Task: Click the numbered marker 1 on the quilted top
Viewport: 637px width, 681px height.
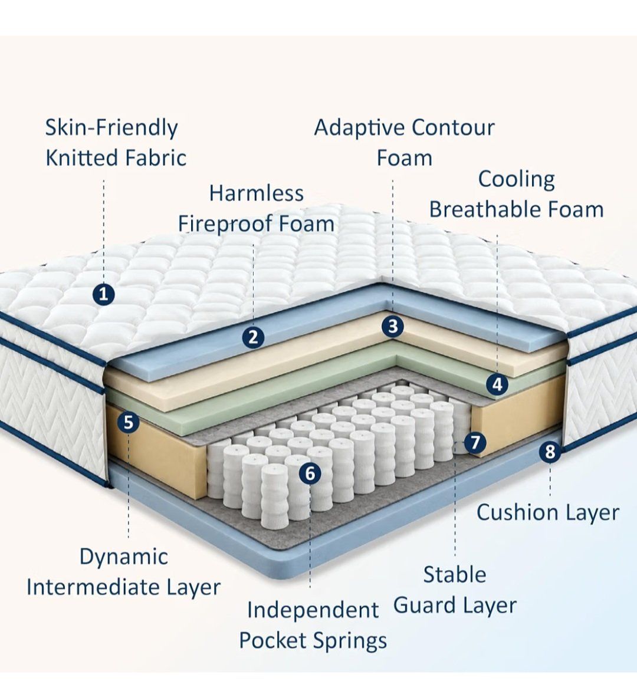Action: tap(103, 294)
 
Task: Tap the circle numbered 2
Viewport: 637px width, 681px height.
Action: tap(253, 337)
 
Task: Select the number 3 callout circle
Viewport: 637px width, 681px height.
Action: tap(393, 326)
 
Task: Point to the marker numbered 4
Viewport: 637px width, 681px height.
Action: tap(497, 384)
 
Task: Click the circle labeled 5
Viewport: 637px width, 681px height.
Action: tap(128, 422)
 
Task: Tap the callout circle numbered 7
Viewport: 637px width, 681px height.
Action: tap(475, 443)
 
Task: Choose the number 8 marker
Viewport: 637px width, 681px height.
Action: tap(550, 451)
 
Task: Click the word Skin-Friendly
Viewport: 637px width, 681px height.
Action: tap(111, 128)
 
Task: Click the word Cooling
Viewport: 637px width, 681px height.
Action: tap(516, 180)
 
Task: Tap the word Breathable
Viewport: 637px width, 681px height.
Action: tap(484, 209)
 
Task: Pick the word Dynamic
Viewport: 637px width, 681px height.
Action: tap(124, 557)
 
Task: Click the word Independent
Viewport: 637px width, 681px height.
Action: tap(313, 611)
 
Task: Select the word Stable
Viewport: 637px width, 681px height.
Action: tap(455, 574)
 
